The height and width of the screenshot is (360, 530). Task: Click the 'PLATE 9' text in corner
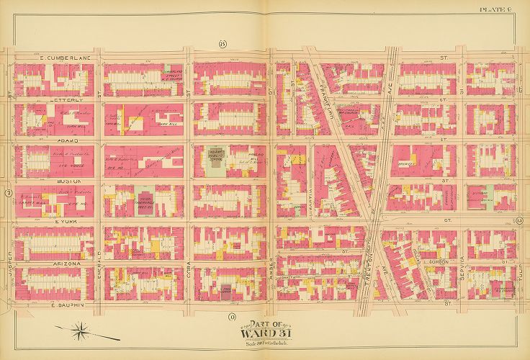tap(512, 9)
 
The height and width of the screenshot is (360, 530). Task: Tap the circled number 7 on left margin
tap(6, 193)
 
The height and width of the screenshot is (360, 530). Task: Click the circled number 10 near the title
tap(232, 317)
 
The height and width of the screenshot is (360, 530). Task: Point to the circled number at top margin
tap(223, 45)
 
